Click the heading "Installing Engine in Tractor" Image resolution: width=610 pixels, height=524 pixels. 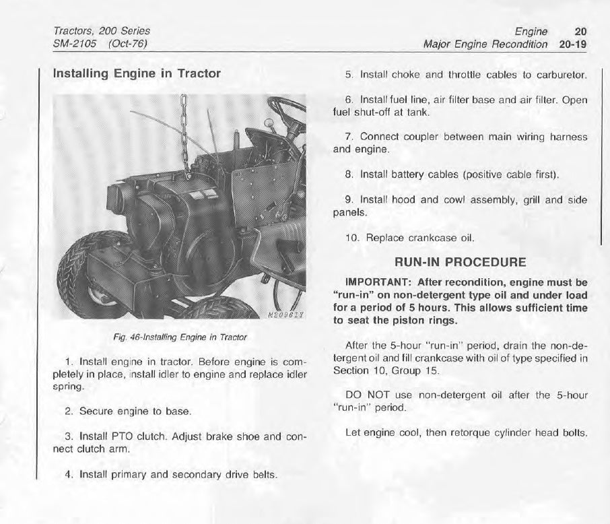click(x=137, y=73)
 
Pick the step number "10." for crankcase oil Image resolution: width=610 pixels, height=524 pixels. click(x=353, y=238)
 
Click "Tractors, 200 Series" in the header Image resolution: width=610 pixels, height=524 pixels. click(x=101, y=31)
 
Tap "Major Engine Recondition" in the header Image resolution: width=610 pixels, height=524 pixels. click(x=485, y=44)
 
